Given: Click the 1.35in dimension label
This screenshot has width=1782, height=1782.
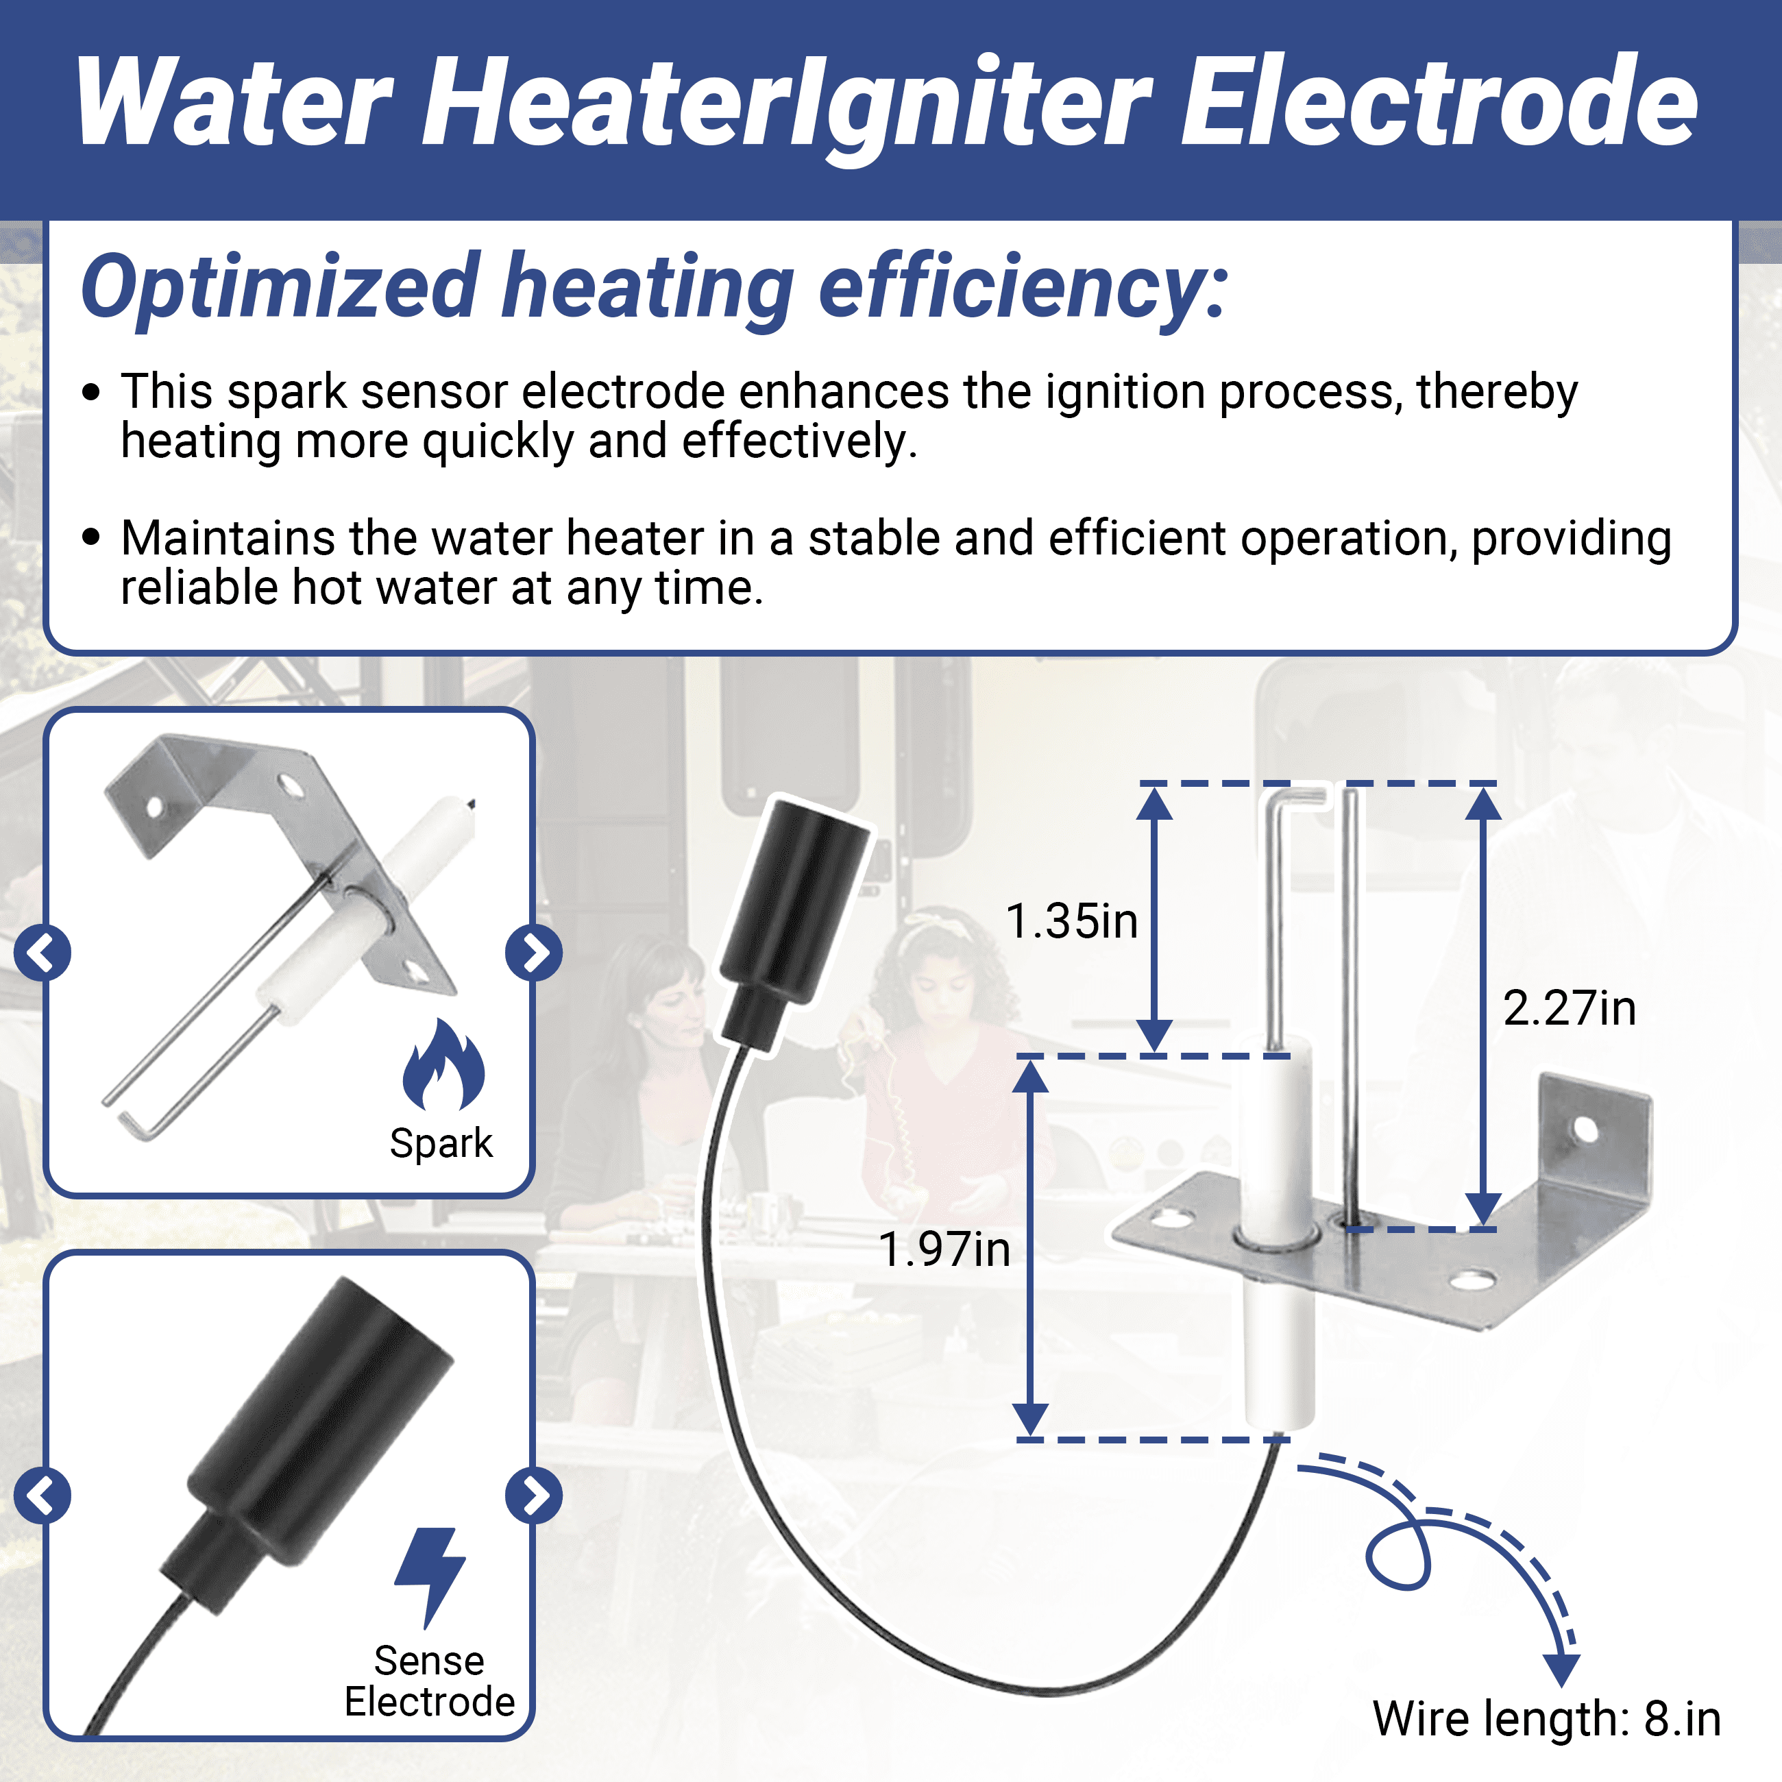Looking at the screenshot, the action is point(1072,921).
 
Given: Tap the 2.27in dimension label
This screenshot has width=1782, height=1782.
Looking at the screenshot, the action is point(1570,1008).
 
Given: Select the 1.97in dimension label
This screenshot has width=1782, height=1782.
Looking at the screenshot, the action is point(944,1249).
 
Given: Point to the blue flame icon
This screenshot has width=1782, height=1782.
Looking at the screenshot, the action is point(443,1064).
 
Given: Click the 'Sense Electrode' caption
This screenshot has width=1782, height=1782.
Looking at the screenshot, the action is point(430,1681).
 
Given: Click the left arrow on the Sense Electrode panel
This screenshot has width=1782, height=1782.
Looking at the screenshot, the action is point(42,1495).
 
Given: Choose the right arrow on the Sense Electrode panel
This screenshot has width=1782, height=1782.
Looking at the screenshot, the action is point(534,1495).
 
